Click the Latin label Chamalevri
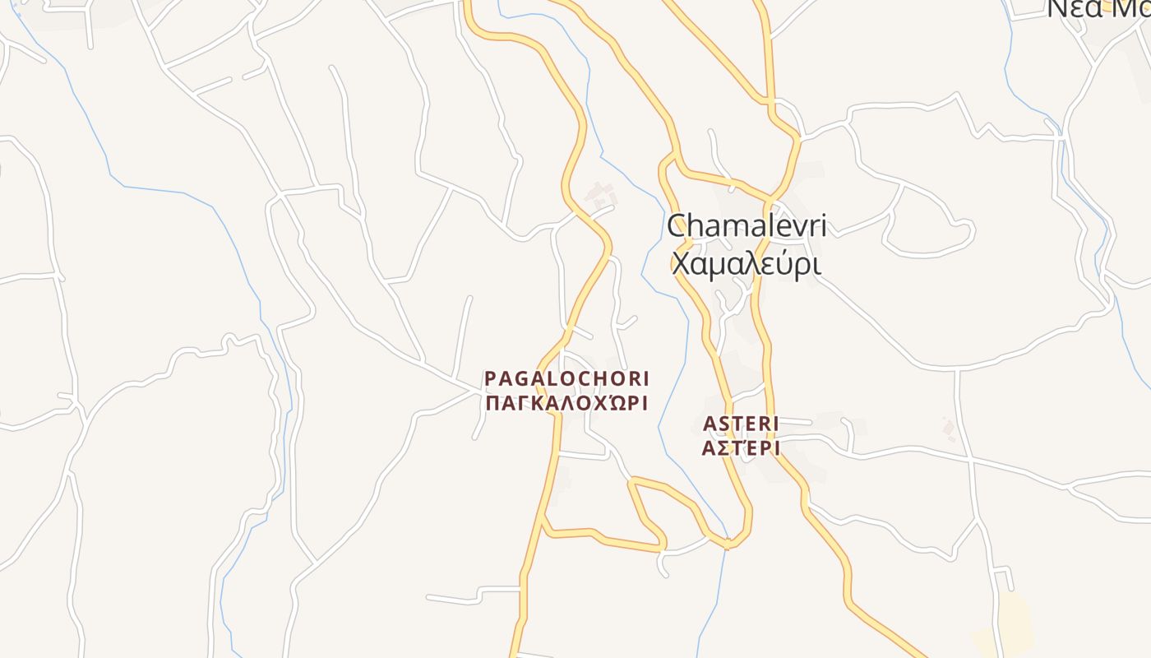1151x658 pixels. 747,226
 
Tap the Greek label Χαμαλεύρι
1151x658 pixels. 747,264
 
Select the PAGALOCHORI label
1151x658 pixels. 566,378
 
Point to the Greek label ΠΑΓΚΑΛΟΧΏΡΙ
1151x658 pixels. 566,403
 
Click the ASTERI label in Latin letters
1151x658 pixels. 741,423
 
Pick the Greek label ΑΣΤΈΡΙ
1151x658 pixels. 741,447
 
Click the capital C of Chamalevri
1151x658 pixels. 677,226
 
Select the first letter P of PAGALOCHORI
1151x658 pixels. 491,378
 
